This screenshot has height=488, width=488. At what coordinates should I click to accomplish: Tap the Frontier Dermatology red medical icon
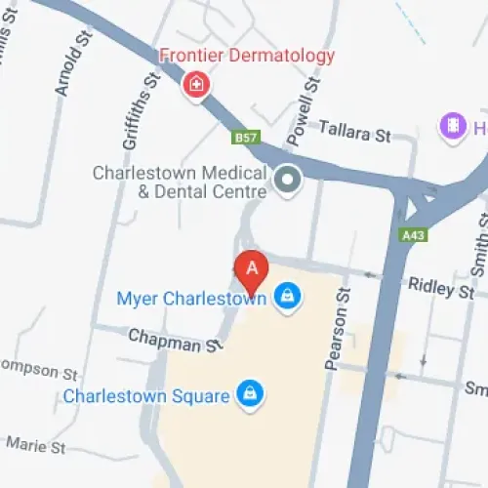tap(196, 85)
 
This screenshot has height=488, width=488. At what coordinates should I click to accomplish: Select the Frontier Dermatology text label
tap(247, 56)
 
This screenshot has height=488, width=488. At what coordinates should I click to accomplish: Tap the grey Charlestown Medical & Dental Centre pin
tap(287, 180)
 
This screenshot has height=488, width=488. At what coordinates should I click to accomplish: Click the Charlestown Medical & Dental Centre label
tap(178, 183)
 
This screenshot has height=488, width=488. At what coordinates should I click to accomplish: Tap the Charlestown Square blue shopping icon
tap(252, 394)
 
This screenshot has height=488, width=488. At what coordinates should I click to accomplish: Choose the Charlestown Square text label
tap(146, 396)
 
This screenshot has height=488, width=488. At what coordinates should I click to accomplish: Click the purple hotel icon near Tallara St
tap(451, 125)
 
